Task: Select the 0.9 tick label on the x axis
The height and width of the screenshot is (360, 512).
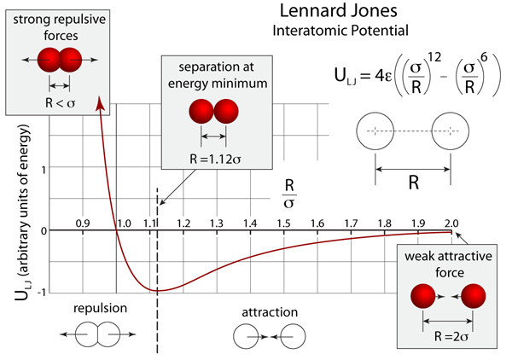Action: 83,223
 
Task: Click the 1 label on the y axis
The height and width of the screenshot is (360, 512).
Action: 42,169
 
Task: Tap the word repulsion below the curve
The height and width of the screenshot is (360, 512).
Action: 101,310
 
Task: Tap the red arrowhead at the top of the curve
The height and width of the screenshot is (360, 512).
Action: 102,102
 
